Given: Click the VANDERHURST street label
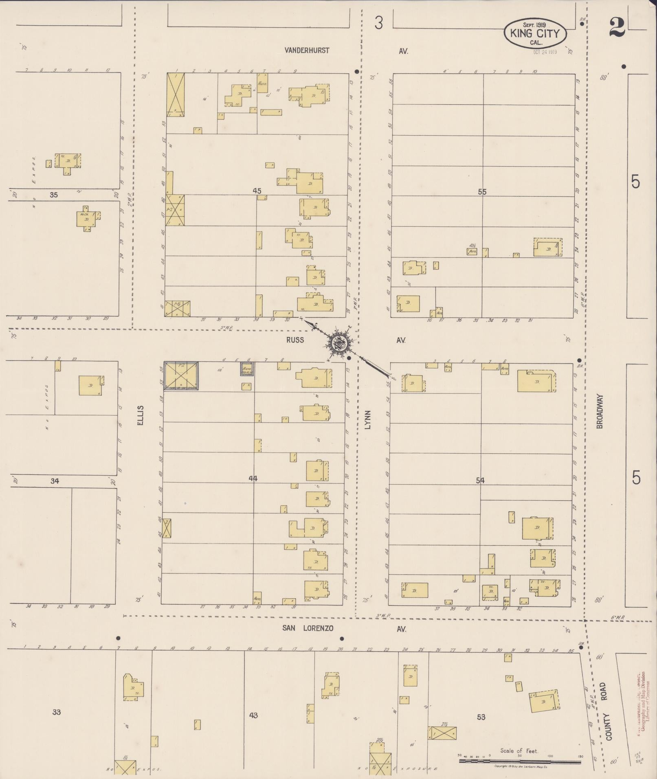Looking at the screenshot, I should (307, 50).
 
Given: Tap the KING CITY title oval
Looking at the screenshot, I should (535, 34).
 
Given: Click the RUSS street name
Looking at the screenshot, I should (295, 340).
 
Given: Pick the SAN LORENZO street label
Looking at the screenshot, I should (308, 628).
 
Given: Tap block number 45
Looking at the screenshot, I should (257, 191).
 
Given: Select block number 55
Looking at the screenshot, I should (482, 191).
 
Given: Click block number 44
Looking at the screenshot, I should (253, 479).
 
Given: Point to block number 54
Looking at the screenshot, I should (480, 481).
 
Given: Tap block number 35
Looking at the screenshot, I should (54, 195).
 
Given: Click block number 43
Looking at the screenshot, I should (253, 715).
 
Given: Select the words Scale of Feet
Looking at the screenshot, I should (519, 750).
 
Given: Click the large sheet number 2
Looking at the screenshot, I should (617, 28).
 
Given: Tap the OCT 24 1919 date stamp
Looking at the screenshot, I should (545, 52).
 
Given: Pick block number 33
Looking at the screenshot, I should (56, 712).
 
